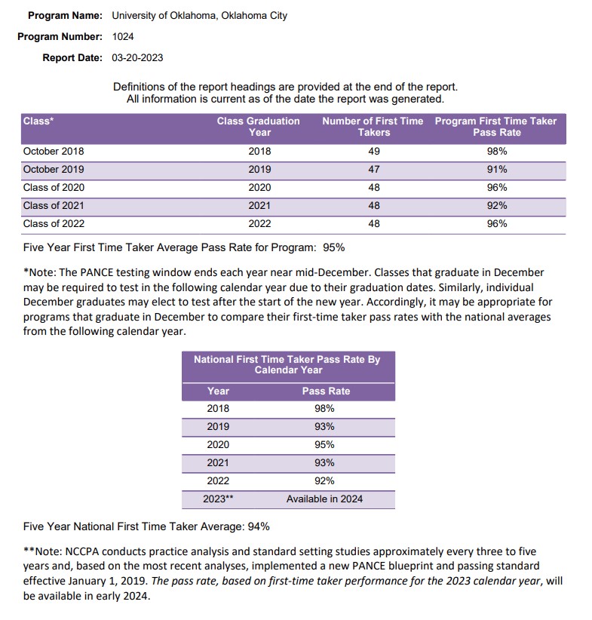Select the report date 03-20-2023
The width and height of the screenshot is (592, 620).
(137, 57)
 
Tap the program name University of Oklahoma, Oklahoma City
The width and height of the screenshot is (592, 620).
(199, 15)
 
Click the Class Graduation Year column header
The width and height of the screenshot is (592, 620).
(259, 127)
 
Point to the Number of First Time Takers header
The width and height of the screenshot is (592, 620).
(373, 127)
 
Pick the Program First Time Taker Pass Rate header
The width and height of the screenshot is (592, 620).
(496, 127)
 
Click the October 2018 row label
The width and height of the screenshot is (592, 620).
(54, 152)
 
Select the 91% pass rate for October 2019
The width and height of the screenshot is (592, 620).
(497, 170)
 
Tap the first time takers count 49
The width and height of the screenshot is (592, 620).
(374, 152)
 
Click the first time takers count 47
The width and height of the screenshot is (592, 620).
(374, 170)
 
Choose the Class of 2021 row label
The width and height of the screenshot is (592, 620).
(54, 206)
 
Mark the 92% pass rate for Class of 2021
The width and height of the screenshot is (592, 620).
(497, 206)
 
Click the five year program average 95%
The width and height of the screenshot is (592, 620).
(334, 247)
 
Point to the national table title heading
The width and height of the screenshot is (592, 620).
(287, 364)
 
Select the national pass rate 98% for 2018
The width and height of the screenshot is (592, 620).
(325, 409)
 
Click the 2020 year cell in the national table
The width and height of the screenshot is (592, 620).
(218, 445)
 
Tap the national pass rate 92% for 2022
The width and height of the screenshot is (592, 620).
(325, 481)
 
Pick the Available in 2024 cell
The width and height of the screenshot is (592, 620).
(325, 499)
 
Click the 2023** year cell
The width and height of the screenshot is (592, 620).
(218, 499)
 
